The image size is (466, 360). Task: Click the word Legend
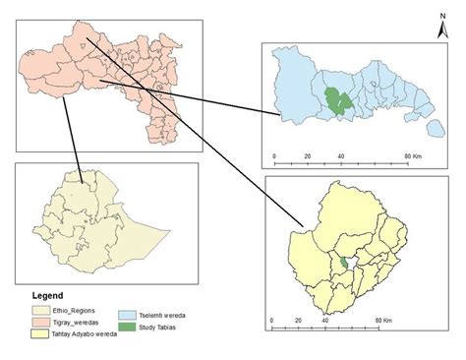(46, 295)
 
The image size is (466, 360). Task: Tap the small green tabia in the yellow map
(343, 264)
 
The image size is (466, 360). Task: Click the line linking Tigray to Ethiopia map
(70, 138)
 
